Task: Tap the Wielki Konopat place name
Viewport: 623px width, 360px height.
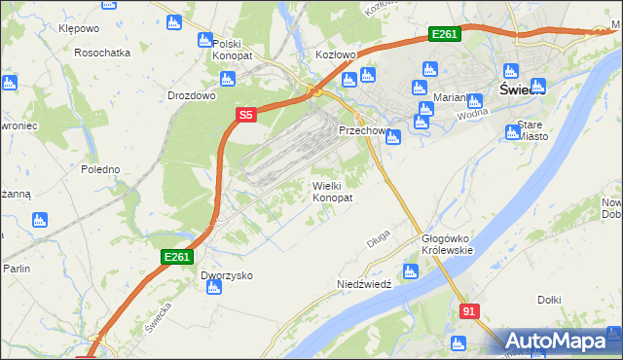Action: [332, 191]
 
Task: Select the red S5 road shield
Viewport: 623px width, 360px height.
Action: [246, 115]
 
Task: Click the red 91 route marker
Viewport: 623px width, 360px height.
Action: [470, 310]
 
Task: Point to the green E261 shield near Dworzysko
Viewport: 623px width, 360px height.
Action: [177, 257]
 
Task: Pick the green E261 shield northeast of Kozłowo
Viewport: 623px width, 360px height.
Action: [444, 35]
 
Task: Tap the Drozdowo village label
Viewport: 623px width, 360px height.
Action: [191, 96]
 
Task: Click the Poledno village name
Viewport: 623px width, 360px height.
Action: [100, 169]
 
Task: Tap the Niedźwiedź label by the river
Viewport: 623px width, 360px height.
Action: [363, 284]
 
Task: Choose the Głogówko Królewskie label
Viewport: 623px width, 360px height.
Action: [447, 244]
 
